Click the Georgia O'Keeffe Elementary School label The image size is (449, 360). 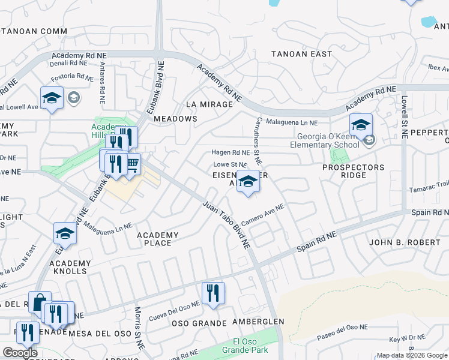click(x=316, y=140)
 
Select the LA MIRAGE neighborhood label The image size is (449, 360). click(x=209, y=104)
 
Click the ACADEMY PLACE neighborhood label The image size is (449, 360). click(x=158, y=239)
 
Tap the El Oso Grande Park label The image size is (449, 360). click(x=240, y=347)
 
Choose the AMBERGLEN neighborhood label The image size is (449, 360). click(x=258, y=322)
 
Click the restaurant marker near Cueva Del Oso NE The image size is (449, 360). click(x=213, y=293)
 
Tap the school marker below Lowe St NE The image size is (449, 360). click(x=247, y=181)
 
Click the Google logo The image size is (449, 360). click(x=20, y=353)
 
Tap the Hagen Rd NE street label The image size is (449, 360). click(x=230, y=153)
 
